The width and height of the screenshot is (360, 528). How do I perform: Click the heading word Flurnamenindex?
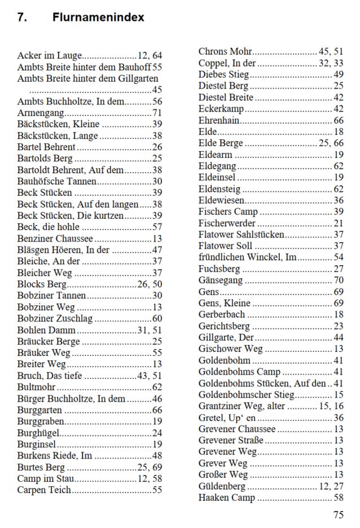[98, 17]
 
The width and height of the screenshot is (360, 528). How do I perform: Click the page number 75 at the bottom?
[338, 514]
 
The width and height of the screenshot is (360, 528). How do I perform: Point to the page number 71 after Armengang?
[157, 113]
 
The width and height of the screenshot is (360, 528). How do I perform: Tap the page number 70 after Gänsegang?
[339, 280]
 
